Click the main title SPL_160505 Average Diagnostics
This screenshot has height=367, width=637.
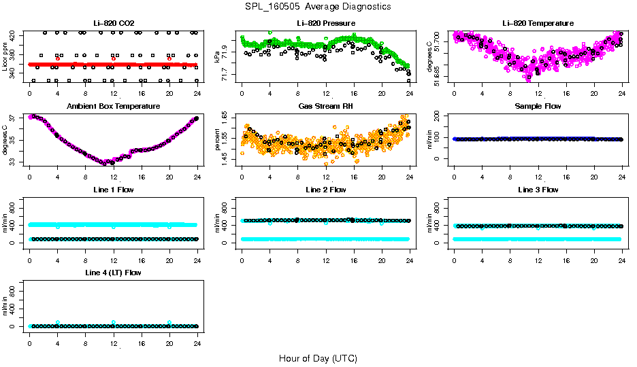(318, 6)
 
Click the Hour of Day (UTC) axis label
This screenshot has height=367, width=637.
(318, 358)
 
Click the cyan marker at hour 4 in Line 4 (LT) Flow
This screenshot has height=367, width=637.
(58, 322)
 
